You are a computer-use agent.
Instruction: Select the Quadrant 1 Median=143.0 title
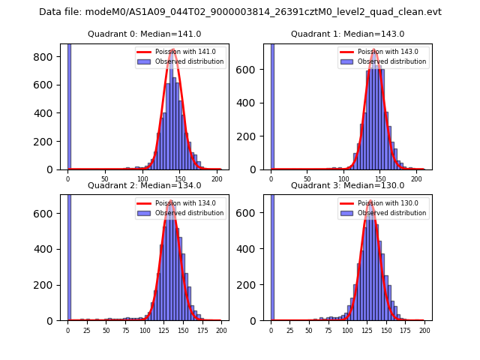click(x=348, y=34)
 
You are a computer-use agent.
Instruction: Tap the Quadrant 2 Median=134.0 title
click(x=144, y=185)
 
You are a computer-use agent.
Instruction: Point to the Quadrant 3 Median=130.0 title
click(x=347, y=185)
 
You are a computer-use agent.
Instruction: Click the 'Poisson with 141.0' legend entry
click(x=180, y=52)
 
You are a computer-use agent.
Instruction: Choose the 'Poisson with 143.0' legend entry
click(x=383, y=52)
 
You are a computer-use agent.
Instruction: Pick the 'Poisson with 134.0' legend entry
click(x=180, y=202)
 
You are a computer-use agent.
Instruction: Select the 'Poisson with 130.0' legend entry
click(x=383, y=202)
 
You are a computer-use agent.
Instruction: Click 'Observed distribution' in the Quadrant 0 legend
click(x=189, y=61)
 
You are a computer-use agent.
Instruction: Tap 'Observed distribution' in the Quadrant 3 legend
click(x=392, y=212)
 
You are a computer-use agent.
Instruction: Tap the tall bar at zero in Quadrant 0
click(x=69, y=105)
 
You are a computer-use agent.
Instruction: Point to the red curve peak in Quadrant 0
click(x=172, y=50)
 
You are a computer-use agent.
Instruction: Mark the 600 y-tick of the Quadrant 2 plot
click(x=50, y=214)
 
